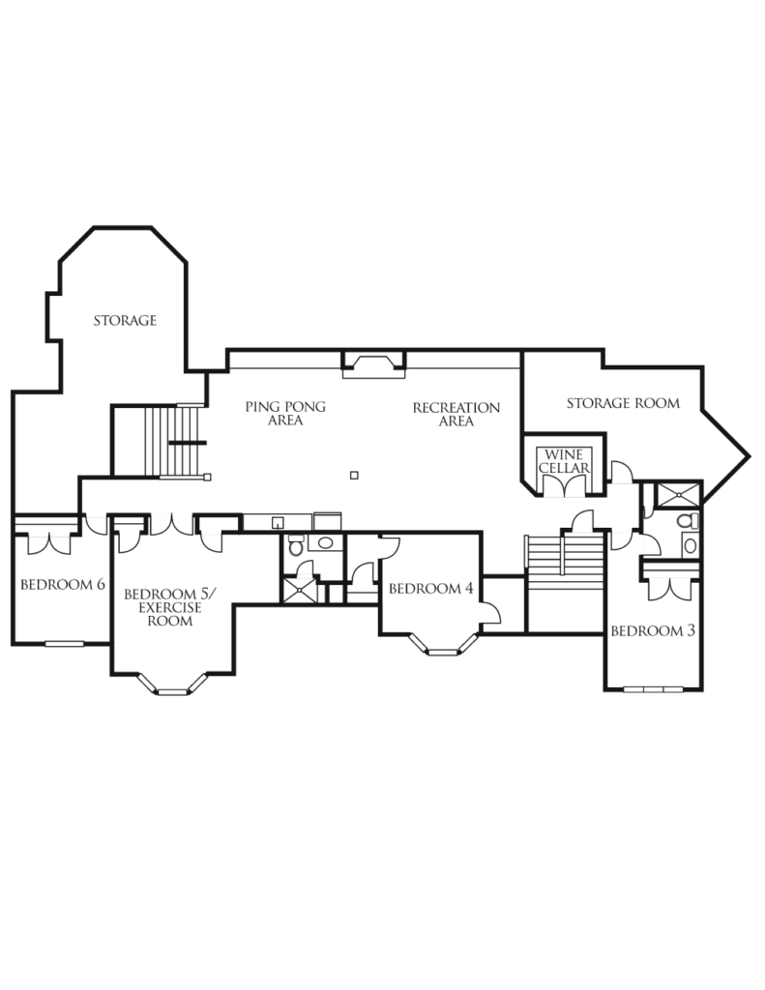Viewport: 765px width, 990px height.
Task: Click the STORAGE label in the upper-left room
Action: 125,321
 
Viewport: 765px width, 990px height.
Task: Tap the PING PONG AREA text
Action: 285,413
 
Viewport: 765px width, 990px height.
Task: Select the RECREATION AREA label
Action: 456,414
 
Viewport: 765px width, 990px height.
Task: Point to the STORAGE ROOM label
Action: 623,403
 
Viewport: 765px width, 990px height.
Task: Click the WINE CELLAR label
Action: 564,461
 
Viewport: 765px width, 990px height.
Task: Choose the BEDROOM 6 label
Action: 63,585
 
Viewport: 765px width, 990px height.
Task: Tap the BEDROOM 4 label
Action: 430,589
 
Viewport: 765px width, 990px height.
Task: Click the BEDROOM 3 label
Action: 653,630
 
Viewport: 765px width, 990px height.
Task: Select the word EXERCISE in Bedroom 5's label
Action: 170,607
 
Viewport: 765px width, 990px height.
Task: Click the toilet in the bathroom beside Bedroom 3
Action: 687,521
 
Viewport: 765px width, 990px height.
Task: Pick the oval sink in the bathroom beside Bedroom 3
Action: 690,545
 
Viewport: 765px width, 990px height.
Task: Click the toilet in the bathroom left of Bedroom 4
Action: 296,545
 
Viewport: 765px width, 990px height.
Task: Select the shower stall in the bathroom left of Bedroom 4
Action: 300,591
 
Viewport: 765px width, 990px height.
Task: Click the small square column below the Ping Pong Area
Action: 354,476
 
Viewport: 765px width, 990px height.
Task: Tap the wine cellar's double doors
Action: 564,485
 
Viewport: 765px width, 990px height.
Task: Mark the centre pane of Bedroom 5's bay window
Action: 172,692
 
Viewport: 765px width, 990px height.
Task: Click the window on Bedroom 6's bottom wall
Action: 65,644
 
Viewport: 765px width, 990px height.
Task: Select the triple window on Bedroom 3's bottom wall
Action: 653,689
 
